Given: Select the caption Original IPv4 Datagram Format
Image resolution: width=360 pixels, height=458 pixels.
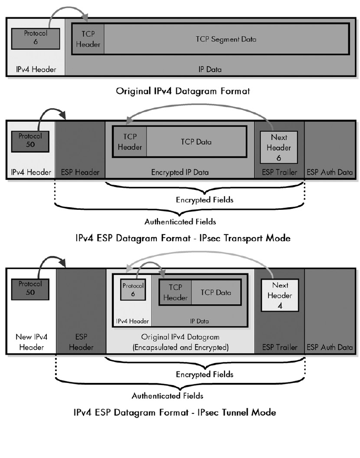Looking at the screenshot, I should click(x=183, y=91).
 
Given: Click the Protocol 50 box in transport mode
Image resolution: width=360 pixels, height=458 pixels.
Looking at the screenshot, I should click(x=30, y=140).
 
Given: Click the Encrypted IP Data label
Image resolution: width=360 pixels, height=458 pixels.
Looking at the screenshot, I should click(x=180, y=172).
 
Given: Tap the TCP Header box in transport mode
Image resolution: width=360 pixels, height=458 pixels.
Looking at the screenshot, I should click(x=130, y=142).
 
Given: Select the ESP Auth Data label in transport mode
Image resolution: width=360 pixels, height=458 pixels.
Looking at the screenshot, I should click(x=330, y=172).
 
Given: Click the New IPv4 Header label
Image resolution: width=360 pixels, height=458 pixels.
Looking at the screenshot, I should click(x=30, y=342).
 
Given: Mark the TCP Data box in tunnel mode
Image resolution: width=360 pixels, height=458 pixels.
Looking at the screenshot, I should click(x=215, y=292).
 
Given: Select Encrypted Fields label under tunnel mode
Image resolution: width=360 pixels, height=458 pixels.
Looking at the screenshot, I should click(x=205, y=375).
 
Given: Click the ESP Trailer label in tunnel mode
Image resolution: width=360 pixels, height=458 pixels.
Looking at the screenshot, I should click(x=279, y=347).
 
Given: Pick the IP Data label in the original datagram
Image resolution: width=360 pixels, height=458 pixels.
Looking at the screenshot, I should click(x=208, y=68).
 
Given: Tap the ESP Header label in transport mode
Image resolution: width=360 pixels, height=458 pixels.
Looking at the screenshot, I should click(x=80, y=172).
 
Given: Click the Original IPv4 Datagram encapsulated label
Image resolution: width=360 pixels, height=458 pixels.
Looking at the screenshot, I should click(x=180, y=342).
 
